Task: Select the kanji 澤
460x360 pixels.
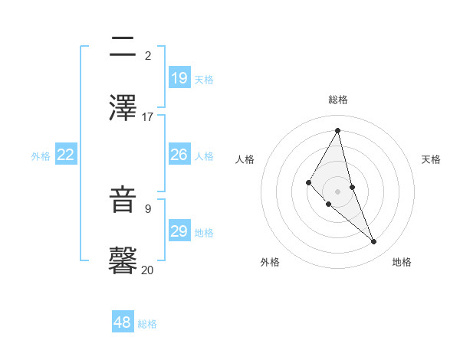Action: pos(123,107)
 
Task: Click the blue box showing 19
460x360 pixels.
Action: pos(179,78)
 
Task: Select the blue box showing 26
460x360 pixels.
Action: pos(179,155)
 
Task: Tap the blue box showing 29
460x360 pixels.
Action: pos(179,231)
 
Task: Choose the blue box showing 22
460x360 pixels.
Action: pos(66,155)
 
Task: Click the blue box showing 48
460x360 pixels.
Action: pos(122,323)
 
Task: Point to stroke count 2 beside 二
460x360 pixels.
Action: pos(148,56)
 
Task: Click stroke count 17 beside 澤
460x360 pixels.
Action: pos(148,117)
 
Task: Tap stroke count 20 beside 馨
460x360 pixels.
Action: pos(147,270)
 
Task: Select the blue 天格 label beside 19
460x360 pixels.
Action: pos(204,79)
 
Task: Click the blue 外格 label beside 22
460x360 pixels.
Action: pos(41,155)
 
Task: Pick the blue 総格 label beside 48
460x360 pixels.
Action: pos(147,324)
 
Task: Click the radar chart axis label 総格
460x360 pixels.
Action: pos(338,100)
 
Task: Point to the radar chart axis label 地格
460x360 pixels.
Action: pos(402,262)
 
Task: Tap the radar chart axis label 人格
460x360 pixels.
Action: pos(245,159)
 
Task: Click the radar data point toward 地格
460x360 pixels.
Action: pos(374,241)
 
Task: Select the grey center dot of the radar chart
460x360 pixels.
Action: pos(337,191)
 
